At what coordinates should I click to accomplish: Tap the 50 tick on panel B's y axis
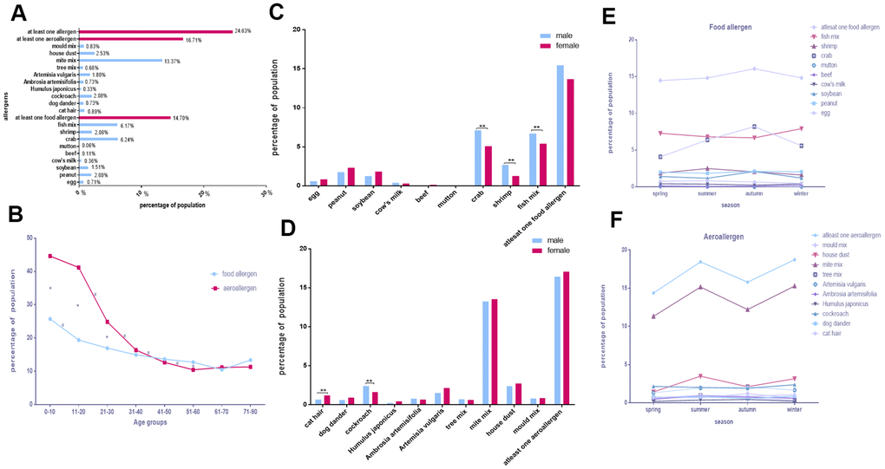[31, 238]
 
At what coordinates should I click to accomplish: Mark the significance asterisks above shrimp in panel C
[510, 160]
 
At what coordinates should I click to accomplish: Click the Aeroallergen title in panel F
[703, 235]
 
